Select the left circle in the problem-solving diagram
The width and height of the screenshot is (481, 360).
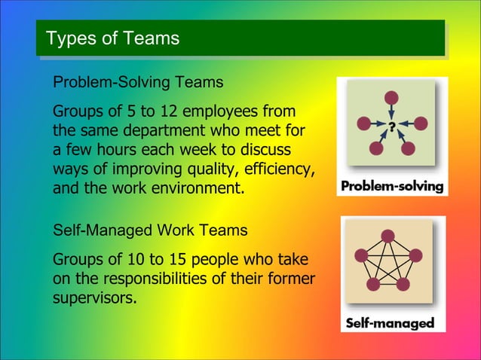[364, 123]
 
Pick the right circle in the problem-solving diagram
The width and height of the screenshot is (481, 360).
[421, 123]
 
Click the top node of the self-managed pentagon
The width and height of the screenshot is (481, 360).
[388, 235]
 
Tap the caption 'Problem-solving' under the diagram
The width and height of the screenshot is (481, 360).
[392, 186]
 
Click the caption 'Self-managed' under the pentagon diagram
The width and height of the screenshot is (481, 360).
[390, 323]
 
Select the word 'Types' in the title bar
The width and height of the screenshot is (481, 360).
[68, 38]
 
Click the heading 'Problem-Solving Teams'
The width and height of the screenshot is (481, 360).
[137, 81]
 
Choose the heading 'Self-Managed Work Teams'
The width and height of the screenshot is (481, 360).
[150, 228]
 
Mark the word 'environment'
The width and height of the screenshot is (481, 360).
[201, 185]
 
